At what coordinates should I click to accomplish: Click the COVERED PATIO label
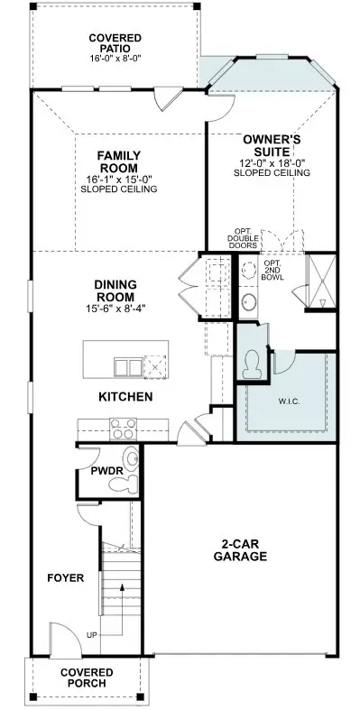point(115,43)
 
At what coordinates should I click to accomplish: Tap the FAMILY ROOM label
point(118,161)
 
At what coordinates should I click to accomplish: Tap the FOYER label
point(67,577)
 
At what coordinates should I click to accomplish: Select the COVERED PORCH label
point(87,678)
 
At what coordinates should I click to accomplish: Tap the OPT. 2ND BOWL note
point(273,270)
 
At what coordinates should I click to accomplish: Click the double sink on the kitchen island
point(127,366)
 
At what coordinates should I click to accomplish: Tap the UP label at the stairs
point(90,636)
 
